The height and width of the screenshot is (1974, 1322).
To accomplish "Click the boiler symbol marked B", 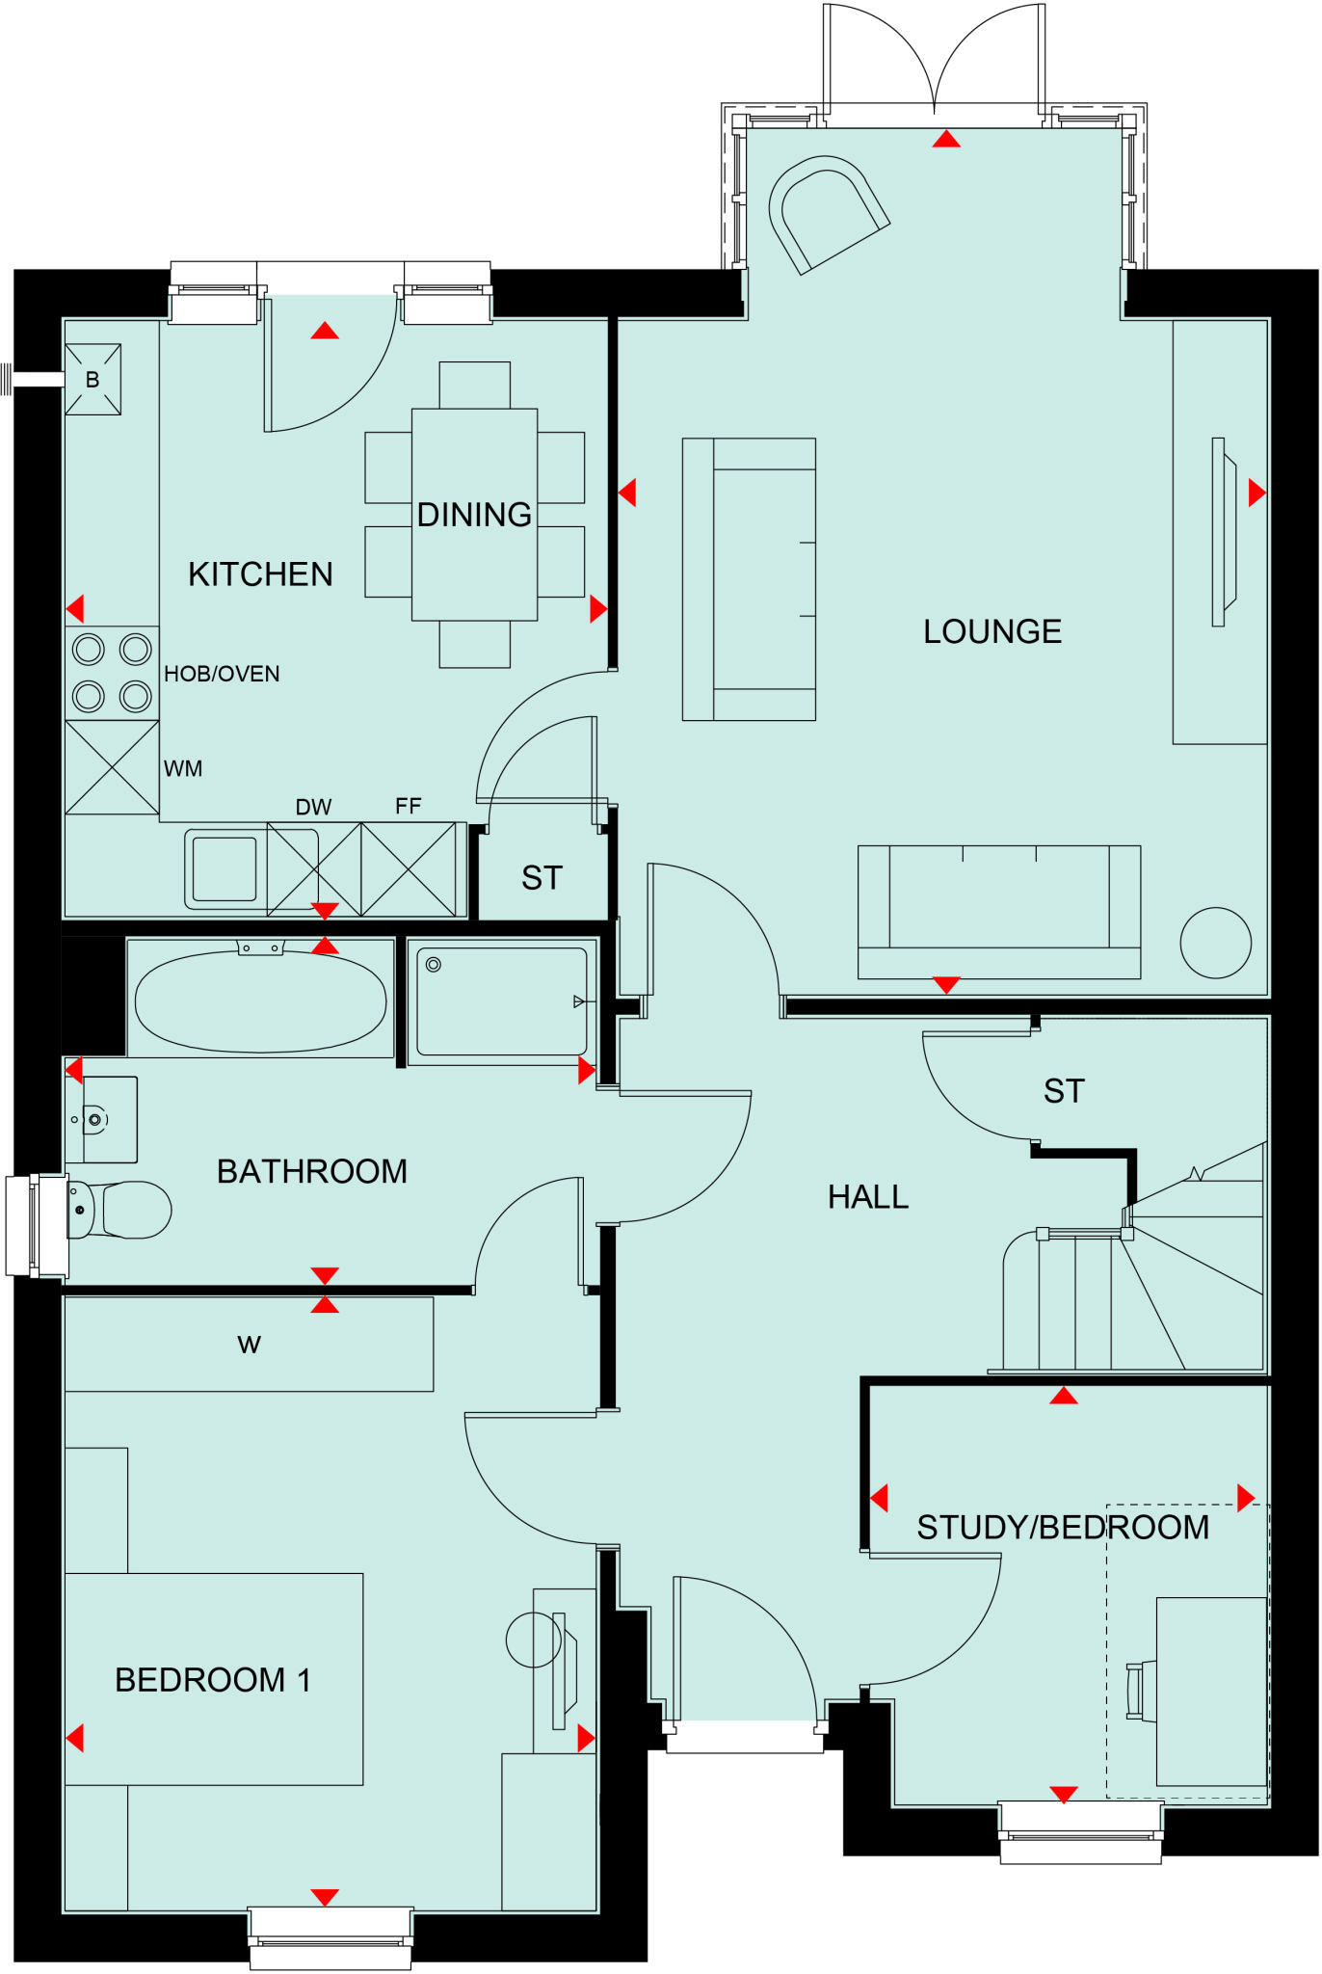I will [x=93, y=380].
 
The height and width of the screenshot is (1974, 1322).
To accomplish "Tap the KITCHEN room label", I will [x=260, y=574].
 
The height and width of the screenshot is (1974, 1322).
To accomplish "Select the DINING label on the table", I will [x=474, y=515].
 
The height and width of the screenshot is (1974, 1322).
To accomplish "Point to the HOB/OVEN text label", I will [x=222, y=674].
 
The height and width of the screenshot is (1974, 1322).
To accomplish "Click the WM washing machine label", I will [x=183, y=769].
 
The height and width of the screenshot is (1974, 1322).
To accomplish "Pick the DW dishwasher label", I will [x=313, y=807].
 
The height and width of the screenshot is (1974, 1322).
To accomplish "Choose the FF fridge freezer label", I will [x=408, y=806].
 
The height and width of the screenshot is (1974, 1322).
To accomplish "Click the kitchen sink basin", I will [x=224, y=868].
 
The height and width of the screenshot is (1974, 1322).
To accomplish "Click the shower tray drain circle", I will [x=434, y=964].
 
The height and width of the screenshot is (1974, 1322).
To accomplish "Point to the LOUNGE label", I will [x=992, y=632].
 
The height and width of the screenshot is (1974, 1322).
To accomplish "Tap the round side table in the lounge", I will [x=1215, y=943].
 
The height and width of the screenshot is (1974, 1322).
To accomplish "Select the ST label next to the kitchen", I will [x=542, y=878].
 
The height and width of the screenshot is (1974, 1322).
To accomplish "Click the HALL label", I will [x=868, y=1197].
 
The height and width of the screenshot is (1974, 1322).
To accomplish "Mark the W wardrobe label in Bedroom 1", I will [x=249, y=1345].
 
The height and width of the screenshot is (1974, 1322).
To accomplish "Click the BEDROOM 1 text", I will [x=212, y=1680].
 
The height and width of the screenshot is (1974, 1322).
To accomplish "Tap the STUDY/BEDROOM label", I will [x=1063, y=1528].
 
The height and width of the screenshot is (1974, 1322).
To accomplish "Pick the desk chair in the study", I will [x=1141, y=1691].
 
